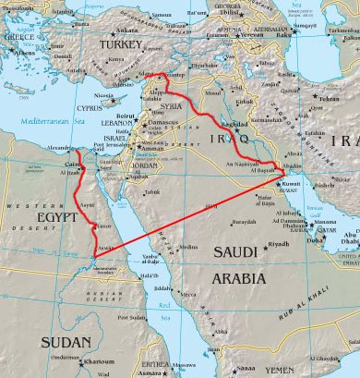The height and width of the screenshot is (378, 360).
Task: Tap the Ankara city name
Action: [x=127, y=30]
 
